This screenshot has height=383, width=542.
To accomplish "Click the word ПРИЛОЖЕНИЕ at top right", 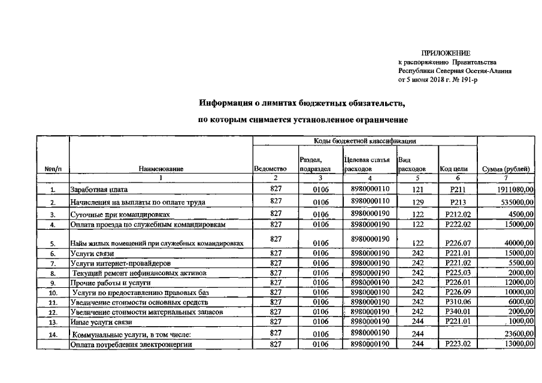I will point(446,54).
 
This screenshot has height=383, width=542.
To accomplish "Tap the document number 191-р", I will point(468,80).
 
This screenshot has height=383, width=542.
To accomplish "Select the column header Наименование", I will point(161,169).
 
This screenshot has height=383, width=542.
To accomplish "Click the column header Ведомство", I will point(272,169).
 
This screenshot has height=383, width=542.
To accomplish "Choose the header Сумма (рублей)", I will point(506,169).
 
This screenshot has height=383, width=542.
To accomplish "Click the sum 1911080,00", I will point(513,190).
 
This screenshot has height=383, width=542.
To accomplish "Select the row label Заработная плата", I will point(96,190).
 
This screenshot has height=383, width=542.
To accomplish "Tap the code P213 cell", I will point(458,202).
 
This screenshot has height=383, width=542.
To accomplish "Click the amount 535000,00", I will point(515,202).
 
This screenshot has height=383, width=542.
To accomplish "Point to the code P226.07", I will point(458,244).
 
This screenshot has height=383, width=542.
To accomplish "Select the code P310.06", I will point(458,303).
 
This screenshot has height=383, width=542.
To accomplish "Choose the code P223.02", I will point(458,345).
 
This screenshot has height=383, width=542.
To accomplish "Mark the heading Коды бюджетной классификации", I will point(365,141).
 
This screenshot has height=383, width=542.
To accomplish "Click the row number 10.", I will point(53,293).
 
